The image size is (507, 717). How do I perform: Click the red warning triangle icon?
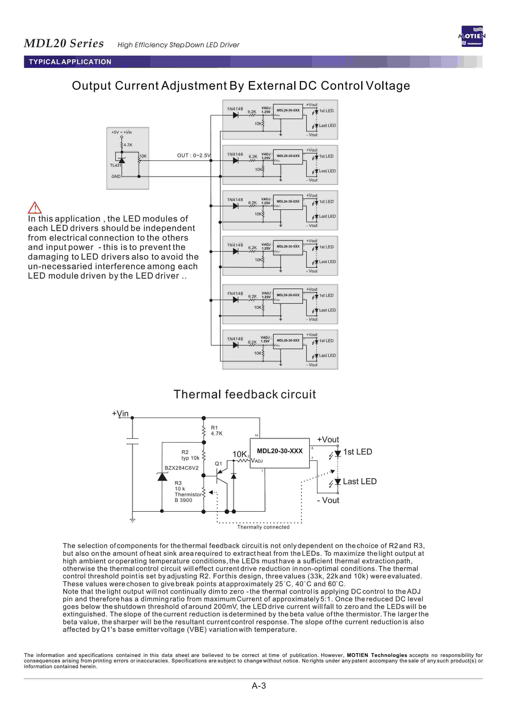35,207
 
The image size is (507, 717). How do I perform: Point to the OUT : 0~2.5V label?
194,156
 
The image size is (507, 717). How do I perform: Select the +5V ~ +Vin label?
121,132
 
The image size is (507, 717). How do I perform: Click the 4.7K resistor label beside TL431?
128,145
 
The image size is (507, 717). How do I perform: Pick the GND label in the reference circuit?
116,177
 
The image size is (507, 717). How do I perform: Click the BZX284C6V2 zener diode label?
181,468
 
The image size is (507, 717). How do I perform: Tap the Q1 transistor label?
218,464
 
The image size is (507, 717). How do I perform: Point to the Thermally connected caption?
263,527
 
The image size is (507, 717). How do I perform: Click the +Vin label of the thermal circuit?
120,414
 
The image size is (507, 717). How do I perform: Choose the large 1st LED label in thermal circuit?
358,452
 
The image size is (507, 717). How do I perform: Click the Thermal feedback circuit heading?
244,394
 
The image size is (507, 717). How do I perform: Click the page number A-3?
259,686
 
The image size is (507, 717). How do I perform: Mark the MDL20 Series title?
64,43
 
